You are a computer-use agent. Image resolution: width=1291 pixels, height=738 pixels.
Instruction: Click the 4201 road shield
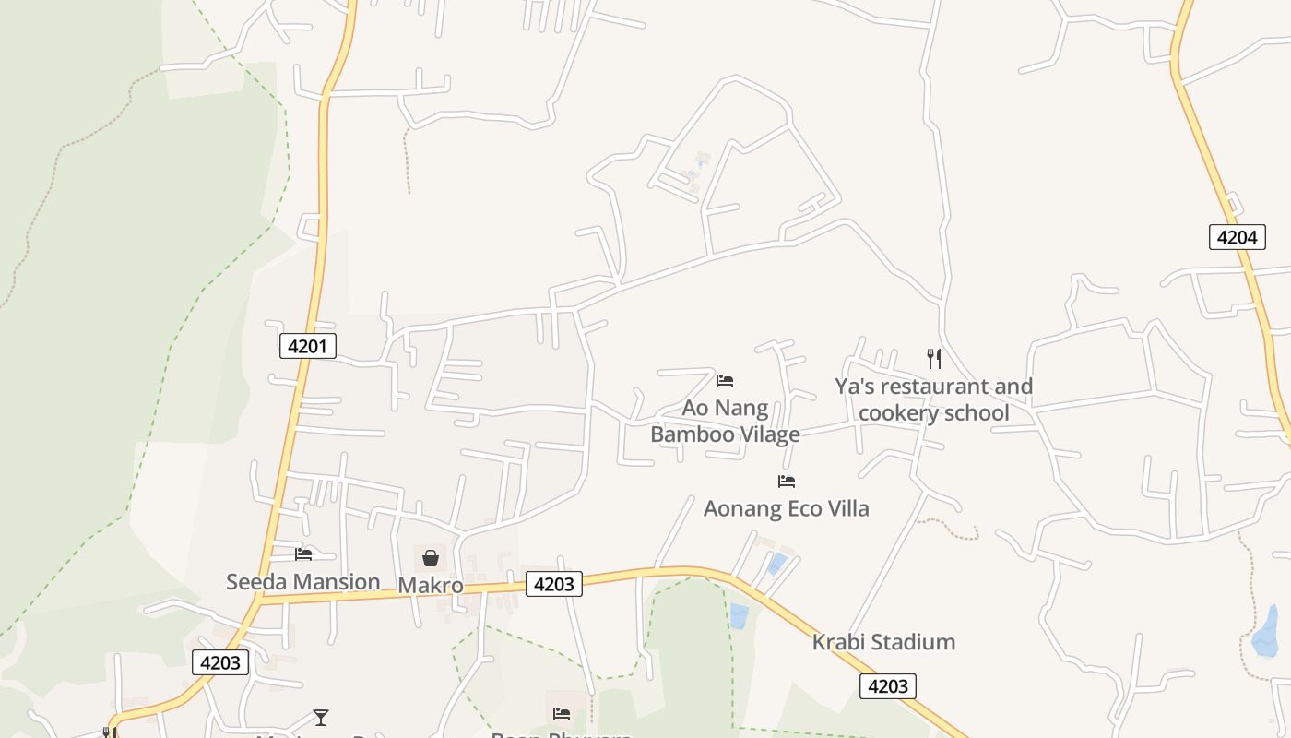307,346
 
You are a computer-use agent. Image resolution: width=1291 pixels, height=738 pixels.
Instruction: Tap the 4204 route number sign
1237,237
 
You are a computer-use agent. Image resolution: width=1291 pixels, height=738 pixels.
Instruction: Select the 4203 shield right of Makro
554,583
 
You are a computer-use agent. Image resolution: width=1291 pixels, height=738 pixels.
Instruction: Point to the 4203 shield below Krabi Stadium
888,685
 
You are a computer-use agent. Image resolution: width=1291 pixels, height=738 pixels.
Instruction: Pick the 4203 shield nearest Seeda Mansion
220,662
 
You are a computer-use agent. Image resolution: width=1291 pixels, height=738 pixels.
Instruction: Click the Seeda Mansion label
303,581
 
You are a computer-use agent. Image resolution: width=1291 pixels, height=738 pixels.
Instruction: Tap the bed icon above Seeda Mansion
303,554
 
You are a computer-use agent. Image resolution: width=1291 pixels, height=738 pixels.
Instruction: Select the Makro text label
431,585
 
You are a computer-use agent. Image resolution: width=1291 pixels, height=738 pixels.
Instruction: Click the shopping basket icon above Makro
431,557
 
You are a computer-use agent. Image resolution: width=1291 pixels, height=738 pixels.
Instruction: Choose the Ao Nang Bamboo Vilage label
726,421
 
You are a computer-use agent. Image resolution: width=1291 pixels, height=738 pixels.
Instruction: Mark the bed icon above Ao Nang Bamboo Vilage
725,380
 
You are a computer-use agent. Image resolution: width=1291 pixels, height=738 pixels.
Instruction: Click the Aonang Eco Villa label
786,508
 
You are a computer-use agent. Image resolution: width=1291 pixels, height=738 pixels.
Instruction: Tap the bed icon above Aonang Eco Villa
787,481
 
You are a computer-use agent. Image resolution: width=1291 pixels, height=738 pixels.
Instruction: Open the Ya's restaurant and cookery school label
933,399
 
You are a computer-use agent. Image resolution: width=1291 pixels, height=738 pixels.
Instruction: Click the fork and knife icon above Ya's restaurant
934,358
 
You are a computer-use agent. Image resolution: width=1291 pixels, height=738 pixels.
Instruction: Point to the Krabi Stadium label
883,642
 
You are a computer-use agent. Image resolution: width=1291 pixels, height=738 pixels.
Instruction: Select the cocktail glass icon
320,717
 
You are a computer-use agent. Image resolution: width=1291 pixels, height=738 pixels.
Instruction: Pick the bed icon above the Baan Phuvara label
562,713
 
